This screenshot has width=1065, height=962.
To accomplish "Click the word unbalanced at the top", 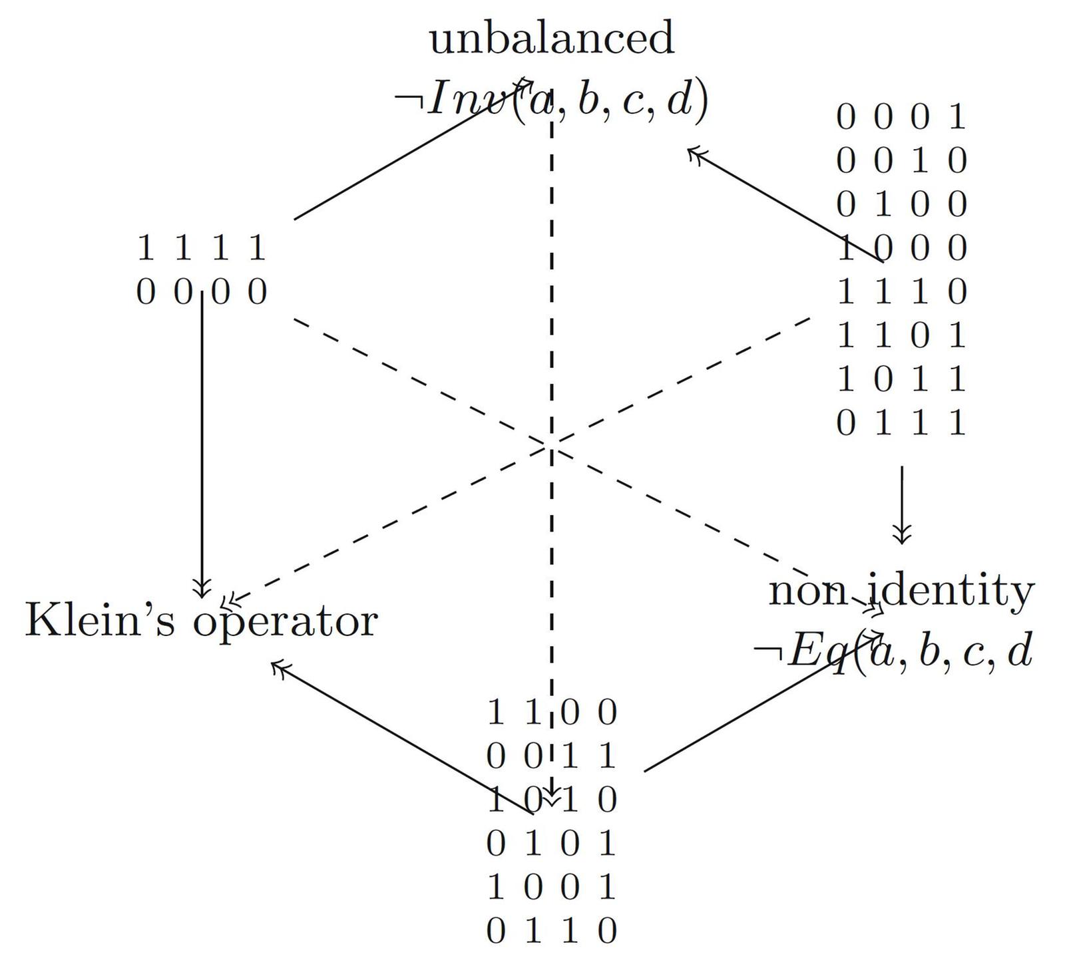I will point(552,39).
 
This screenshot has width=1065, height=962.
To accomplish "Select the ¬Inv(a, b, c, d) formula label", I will point(552,100).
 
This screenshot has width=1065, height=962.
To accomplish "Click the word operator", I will point(286,623).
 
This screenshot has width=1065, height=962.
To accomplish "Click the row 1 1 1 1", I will point(202,249).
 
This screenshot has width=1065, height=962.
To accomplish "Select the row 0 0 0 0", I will point(202,292).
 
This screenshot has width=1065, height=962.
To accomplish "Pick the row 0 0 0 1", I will point(901,118).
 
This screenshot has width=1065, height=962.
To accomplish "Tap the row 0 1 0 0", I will point(901,204).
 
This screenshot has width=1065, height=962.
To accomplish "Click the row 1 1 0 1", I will point(901,336).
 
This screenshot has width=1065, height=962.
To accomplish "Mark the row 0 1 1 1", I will point(901,423).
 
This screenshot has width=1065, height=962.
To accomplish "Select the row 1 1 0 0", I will point(552,713).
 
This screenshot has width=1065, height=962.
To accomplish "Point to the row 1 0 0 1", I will point(552,887).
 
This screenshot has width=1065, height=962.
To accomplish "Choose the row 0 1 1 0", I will point(552,931).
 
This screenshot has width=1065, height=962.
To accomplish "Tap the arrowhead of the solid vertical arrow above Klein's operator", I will point(202,589).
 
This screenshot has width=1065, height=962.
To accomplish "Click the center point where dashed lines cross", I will point(552,444).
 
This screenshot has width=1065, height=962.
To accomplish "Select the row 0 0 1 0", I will point(901,161).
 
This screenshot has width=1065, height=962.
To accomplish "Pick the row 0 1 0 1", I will point(552,844).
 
